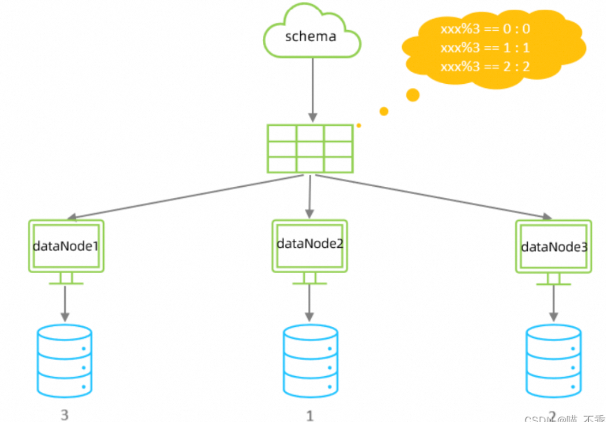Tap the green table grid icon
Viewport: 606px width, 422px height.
tap(310, 149)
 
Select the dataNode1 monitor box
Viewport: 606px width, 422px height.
tap(66, 246)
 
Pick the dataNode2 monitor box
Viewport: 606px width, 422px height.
tap(310, 245)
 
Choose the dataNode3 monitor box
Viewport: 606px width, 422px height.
tap(553, 247)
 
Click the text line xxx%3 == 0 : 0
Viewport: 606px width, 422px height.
tap(485, 29)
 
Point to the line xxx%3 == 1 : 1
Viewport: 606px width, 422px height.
tap(485, 48)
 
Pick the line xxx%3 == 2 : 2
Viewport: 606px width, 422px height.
tap(485, 67)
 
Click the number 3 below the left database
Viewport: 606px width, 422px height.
tap(64, 415)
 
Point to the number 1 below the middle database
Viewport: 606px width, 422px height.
tap(310, 416)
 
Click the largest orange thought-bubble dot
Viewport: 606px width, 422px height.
tap(413, 95)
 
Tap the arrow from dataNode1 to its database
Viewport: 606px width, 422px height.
tap(65, 303)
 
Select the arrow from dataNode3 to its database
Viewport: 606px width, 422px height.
tap(553, 303)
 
